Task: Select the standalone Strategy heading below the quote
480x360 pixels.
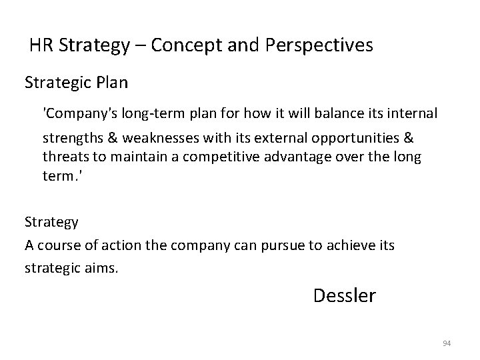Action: click(51, 221)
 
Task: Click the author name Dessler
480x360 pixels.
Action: click(344, 295)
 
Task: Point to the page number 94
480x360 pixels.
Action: click(447, 343)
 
